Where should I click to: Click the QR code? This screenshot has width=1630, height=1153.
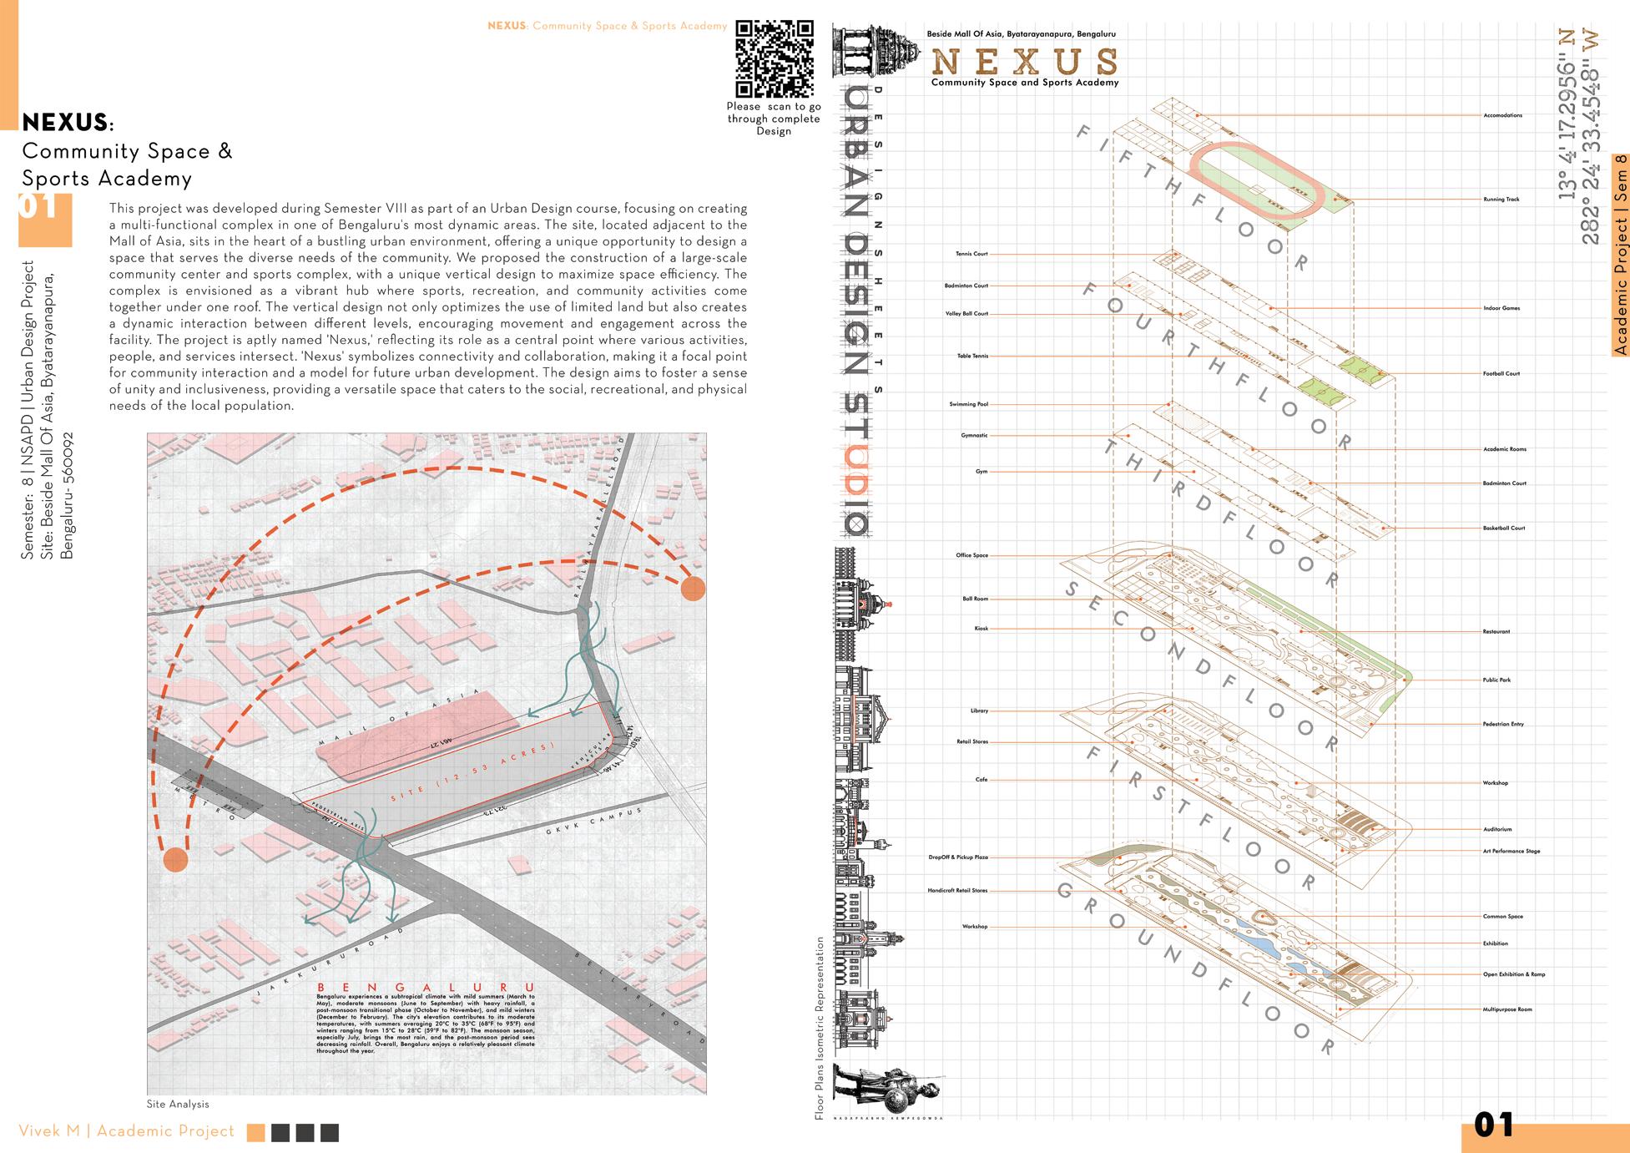tap(774, 59)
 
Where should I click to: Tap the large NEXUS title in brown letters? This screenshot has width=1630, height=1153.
tap(1024, 62)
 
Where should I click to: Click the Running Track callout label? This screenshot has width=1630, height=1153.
tap(1501, 200)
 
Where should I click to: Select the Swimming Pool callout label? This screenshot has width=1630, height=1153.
tap(968, 404)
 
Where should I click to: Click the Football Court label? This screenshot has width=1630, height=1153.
tap(1501, 373)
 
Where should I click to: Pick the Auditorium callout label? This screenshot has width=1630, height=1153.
tap(1497, 829)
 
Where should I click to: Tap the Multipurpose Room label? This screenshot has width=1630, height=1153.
tap(1507, 1009)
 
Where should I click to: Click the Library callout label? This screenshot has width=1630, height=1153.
tap(979, 711)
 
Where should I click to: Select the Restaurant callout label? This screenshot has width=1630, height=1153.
tap(1496, 631)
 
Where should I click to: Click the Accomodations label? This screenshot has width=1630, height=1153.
tap(1502, 115)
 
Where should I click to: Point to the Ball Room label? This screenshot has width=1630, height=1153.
tap(975, 599)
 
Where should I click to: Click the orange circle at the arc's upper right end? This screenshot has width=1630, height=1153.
tap(693, 589)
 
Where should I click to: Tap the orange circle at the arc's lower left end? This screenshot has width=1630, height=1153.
tap(174, 859)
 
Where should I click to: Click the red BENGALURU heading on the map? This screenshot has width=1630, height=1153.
tap(426, 988)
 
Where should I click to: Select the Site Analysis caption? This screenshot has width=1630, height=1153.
tap(178, 1104)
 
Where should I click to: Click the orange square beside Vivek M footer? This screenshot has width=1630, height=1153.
tap(256, 1132)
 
